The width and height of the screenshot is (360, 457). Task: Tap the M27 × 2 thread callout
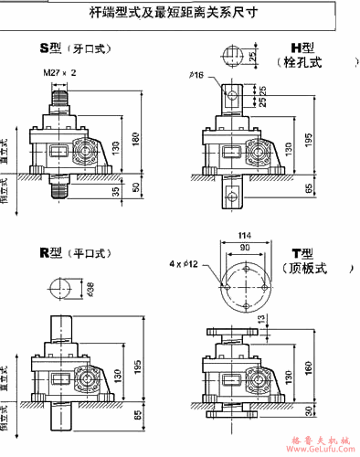point(59,70)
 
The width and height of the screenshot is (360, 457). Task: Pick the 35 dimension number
point(115,193)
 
